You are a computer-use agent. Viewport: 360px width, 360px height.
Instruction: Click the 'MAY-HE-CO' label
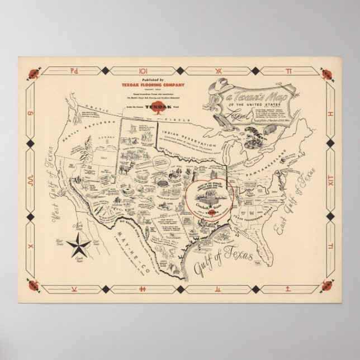point(136,238)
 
